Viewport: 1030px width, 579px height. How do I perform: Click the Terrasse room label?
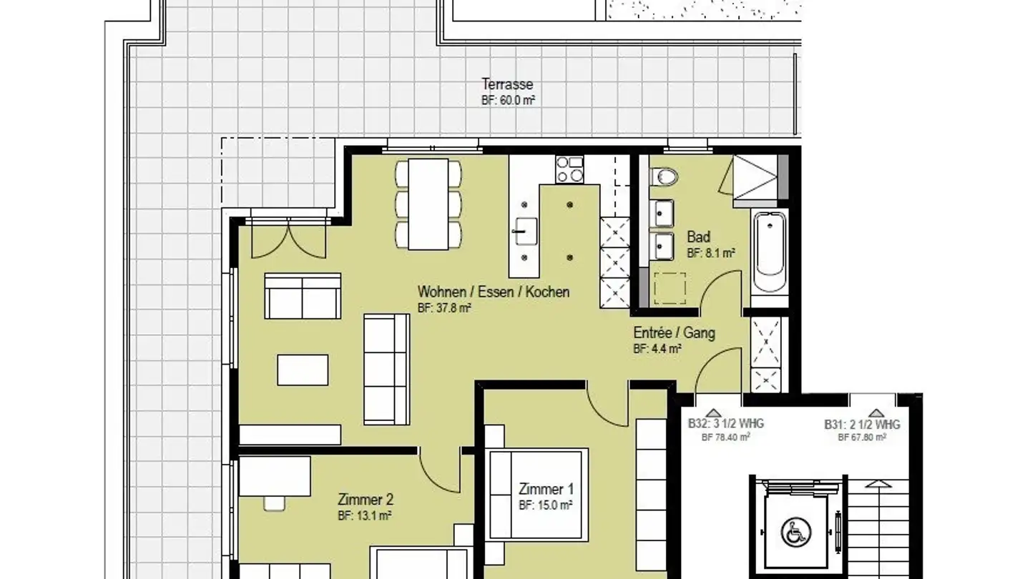pyautogui.click(x=507, y=84)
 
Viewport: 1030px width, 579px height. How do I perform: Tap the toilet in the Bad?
pyautogui.click(x=664, y=177)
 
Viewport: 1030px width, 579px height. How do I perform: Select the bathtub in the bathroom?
pyautogui.click(x=770, y=252)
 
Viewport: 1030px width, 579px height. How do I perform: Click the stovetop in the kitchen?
pyautogui.click(x=569, y=169)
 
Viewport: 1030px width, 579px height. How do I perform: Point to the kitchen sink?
pyautogui.click(x=526, y=232)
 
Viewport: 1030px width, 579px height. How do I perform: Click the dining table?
pyautogui.click(x=428, y=204)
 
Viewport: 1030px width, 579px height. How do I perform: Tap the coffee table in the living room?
pyautogui.click(x=303, y=370)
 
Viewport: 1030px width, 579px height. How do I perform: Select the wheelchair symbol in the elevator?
pyautogui.click(x=795, y=532)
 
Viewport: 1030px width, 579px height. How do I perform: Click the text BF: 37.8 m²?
pyautogui.click(x=444, y=308)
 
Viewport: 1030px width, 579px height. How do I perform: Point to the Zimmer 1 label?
pyautogui.click(x=546, y=489)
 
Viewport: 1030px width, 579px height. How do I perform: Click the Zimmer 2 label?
pyautogui.click(x=366, y=500)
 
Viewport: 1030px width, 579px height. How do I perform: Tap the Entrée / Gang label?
pyautogui.click(x=674, y=332)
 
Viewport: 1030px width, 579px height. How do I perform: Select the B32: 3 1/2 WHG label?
pyautogui.click(x=725, y=424)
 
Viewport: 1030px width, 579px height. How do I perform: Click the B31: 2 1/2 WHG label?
pyautogui.click(x=862, y=425)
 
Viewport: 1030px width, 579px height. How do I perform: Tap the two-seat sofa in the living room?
pyautogui.click(x=303, y=296)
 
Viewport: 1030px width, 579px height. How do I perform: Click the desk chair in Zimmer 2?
pyautogui.click(x=275, y=503)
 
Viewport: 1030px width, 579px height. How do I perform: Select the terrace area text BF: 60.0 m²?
pyautogui.click(x=508, y=100)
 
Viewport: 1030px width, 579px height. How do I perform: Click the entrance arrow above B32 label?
pyautogui.click(x=713, y=412)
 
